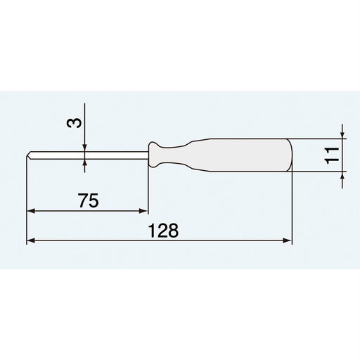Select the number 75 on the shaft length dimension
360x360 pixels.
(88, 201)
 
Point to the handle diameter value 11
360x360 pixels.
(334, 154)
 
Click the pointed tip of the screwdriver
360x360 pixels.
(28, 154)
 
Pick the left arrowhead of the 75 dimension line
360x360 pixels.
(31, 210)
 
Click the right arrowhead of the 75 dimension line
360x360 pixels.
(144, 210)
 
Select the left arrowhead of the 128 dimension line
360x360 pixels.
(31, 241)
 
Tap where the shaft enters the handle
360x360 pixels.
(148, 154)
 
